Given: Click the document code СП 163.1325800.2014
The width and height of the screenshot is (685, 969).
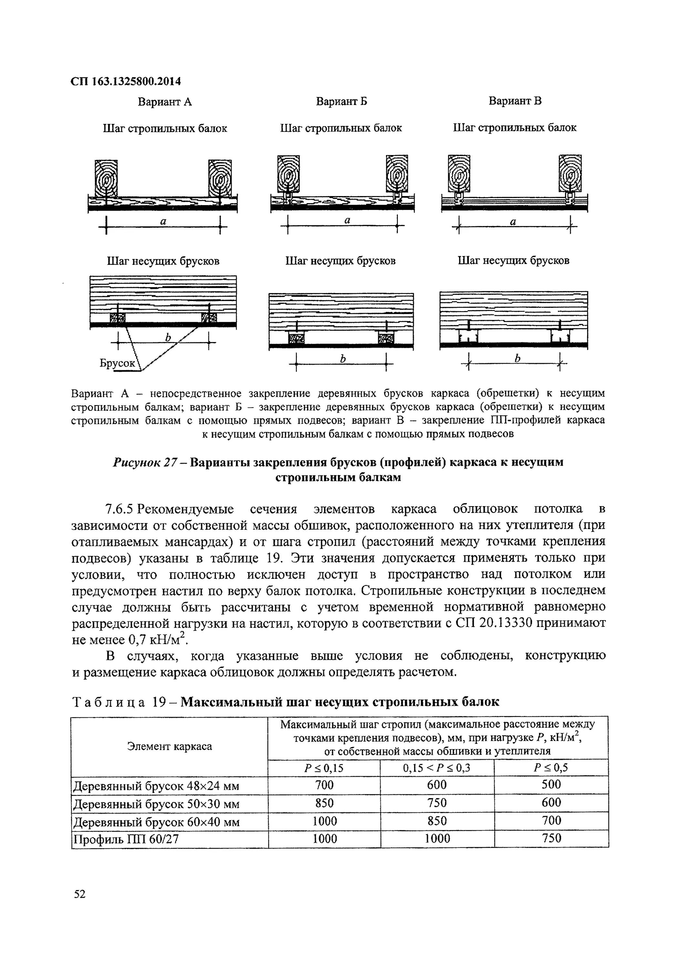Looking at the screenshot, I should (x=125, y=81).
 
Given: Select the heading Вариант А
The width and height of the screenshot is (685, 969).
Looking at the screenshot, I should (x=165, y=102).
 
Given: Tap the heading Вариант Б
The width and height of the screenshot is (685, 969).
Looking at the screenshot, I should (x=341, y=101).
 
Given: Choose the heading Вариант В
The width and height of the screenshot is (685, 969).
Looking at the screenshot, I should (x=515, y=101).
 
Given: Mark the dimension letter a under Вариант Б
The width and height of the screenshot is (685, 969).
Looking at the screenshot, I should (x=348, y=220).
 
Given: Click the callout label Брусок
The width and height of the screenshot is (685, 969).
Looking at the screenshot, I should (x=117, y=363).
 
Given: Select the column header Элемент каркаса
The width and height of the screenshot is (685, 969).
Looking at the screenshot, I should (x=169, y=746).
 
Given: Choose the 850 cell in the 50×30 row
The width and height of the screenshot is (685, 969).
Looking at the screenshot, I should (x=324, y=803).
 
